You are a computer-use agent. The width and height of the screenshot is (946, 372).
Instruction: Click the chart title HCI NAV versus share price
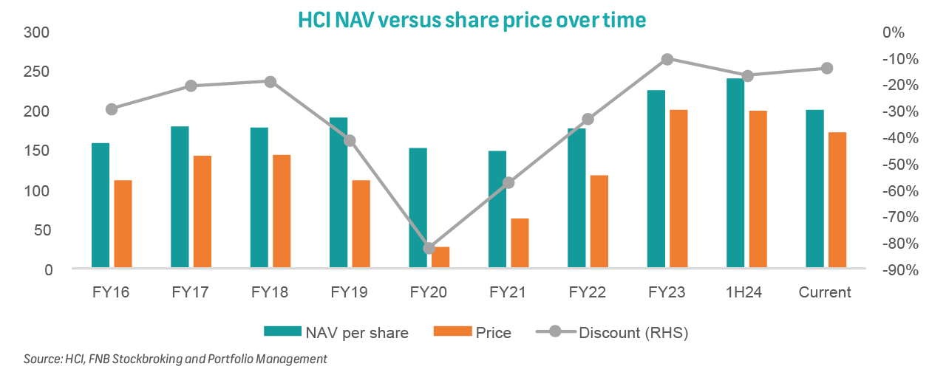click(x=472, y=20)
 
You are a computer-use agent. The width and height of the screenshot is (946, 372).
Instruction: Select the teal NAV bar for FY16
click(x=101, y=204)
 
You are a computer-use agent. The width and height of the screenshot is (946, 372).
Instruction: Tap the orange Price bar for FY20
click(x=440, y=257)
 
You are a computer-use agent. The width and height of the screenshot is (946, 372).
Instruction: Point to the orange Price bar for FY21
click(x=520, y=242)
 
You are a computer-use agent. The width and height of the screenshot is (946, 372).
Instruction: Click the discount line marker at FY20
click(x=429, y=248)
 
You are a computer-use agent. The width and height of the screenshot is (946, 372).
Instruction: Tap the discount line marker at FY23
click(x=667, y=59)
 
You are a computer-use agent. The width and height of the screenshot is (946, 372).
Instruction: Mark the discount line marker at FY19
click(x=350, y=141)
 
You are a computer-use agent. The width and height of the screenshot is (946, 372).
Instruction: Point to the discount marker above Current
click(x=827, y=69)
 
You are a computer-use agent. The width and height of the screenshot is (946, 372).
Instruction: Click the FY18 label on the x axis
click(x=270, y=292)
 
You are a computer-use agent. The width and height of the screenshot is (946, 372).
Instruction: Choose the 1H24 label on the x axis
click(x=744, y=292)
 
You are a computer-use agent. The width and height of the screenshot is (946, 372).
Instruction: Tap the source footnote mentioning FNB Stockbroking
click(x=175, y=359)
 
